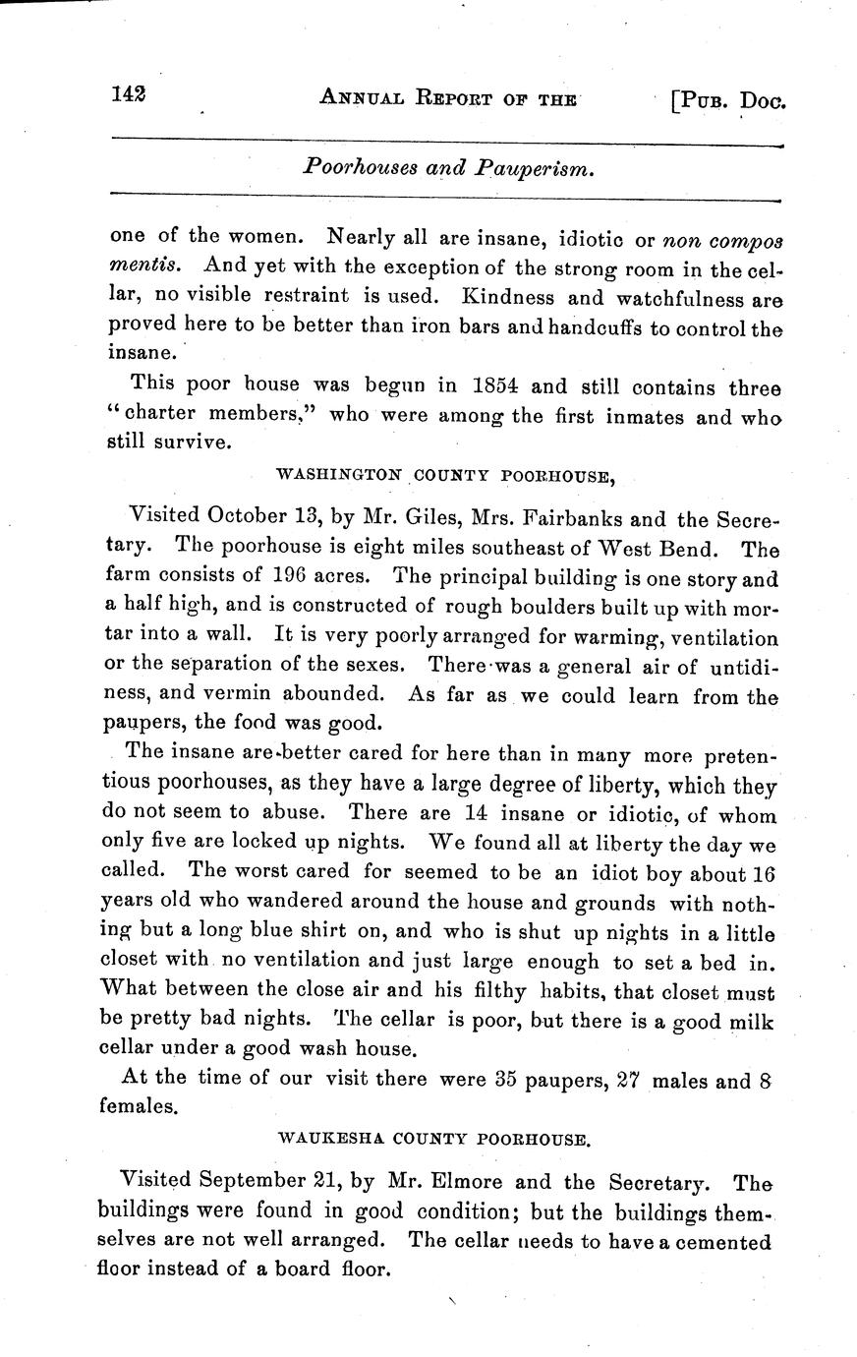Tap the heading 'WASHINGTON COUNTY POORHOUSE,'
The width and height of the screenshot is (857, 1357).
coord(446,477)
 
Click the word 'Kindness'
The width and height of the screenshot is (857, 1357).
coord(513,296)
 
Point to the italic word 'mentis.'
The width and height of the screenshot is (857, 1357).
coord(143,265)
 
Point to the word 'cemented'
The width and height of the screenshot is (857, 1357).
coord(725,1241)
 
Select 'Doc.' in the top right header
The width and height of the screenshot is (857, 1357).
coord(765,100)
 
